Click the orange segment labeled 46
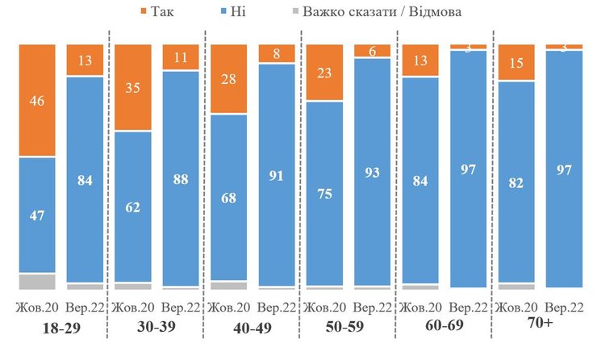coord(37,100)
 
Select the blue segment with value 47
coord(37,215)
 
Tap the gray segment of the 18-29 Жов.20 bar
coord(37,281)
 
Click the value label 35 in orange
coord(133,88)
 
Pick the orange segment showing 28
coord(228,79)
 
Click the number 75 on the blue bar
coord(324,194)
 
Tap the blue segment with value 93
coord(372,172)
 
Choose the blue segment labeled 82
coord(516,182)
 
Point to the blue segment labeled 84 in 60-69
coord(420,183)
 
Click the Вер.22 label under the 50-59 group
coord(372,308)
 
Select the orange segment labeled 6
coord(372,51)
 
